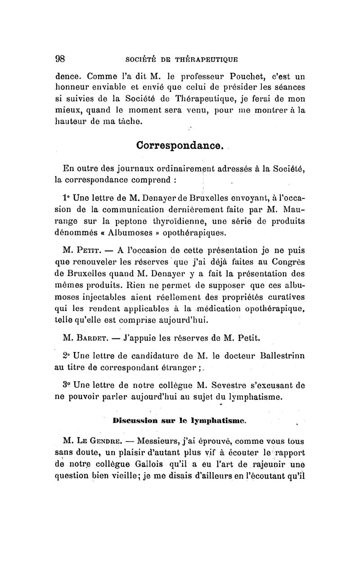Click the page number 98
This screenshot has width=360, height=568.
coord(61,58)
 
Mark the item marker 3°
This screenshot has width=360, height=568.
coord(67,386)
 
